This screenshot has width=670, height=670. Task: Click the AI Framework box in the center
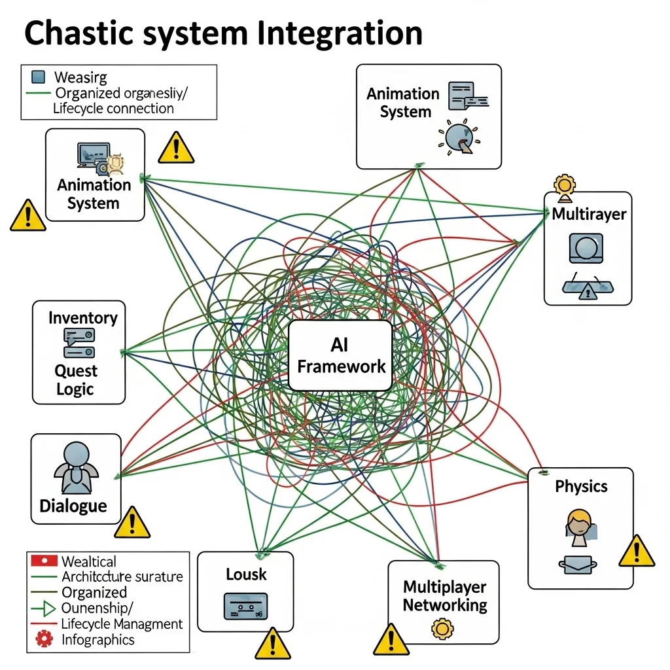point(340,355)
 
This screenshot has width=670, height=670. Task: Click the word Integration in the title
point(340,34)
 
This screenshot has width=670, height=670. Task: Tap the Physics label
point(581,486)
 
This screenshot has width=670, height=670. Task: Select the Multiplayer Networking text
point(445,595)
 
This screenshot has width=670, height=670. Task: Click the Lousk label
point(246,574)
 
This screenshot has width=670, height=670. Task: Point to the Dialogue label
point(73,506)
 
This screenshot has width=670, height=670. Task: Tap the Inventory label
point(82,318)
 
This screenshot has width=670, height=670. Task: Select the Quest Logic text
point(76,380)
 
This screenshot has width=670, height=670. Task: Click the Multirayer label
point(589,214)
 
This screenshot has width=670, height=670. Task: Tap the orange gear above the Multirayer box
point(563,184)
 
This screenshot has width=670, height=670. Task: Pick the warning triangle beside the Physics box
point(636,551)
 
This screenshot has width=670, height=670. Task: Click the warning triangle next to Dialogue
point(132,523)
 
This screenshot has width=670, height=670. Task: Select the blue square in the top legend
point(39,77)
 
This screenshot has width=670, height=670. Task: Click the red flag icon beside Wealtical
point(44,561)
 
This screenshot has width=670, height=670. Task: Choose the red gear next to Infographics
point(44,639)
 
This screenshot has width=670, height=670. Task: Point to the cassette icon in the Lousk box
point(245,606)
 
